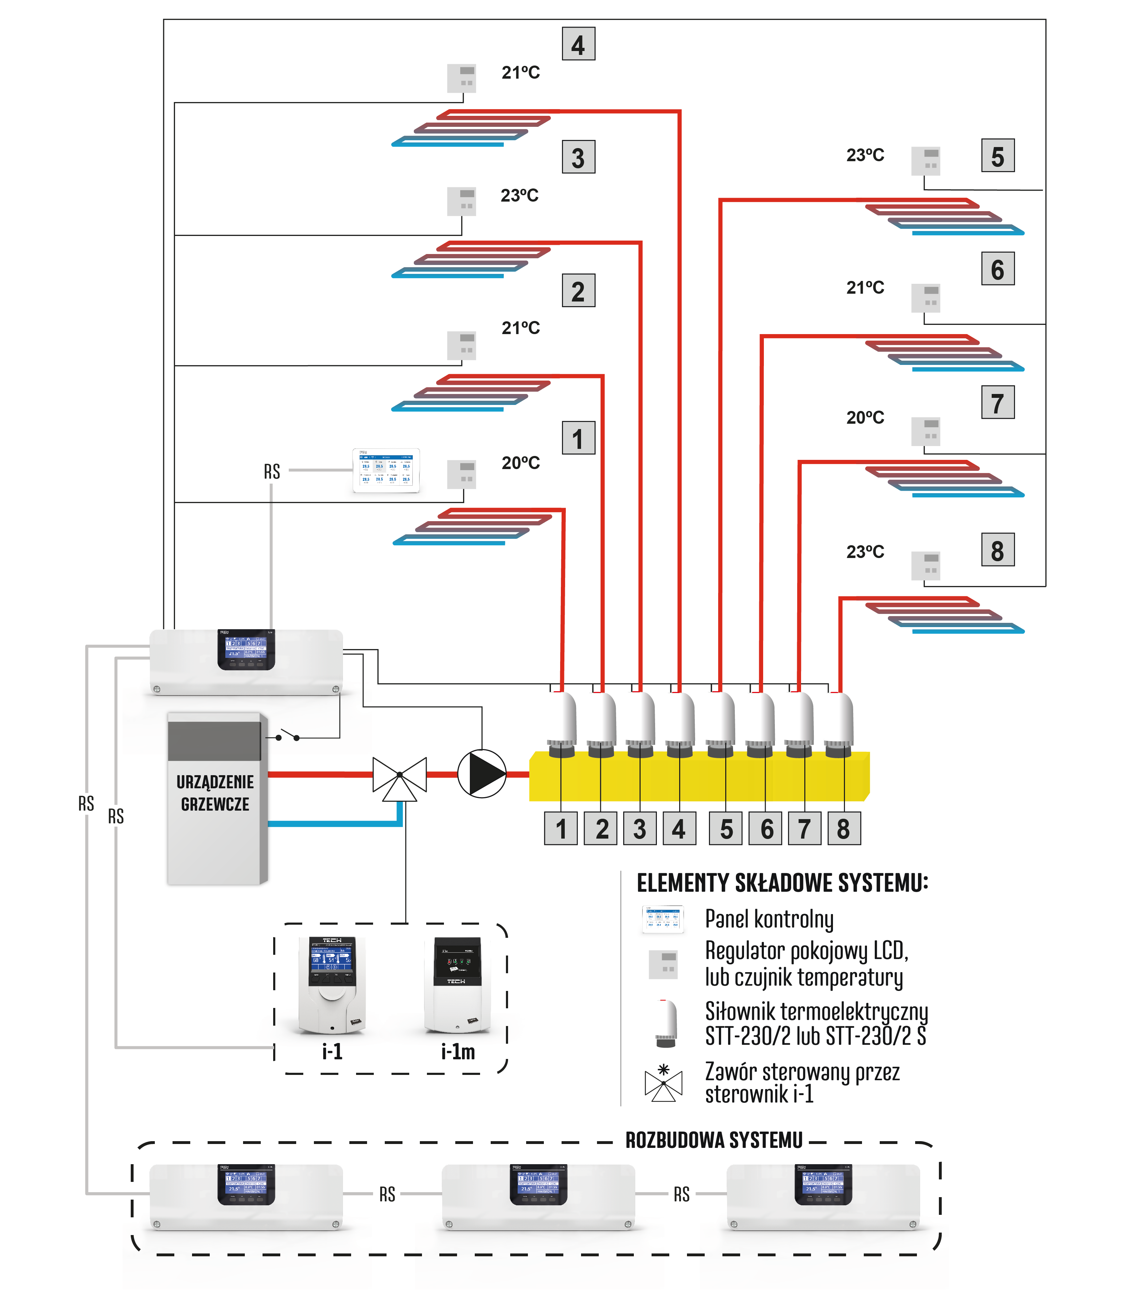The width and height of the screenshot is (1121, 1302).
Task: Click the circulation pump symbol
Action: pos(481,774)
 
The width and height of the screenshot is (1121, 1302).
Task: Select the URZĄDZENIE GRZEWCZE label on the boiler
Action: pos(215,793)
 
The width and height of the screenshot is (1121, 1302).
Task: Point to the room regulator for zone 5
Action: pos(925,162)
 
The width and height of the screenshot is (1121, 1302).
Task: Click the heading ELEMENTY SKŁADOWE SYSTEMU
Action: pos(782,883)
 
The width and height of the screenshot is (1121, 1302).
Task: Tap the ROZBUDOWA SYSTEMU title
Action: pos(714,1140)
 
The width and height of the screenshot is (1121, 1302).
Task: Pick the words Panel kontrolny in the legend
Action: pos(769,919)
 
